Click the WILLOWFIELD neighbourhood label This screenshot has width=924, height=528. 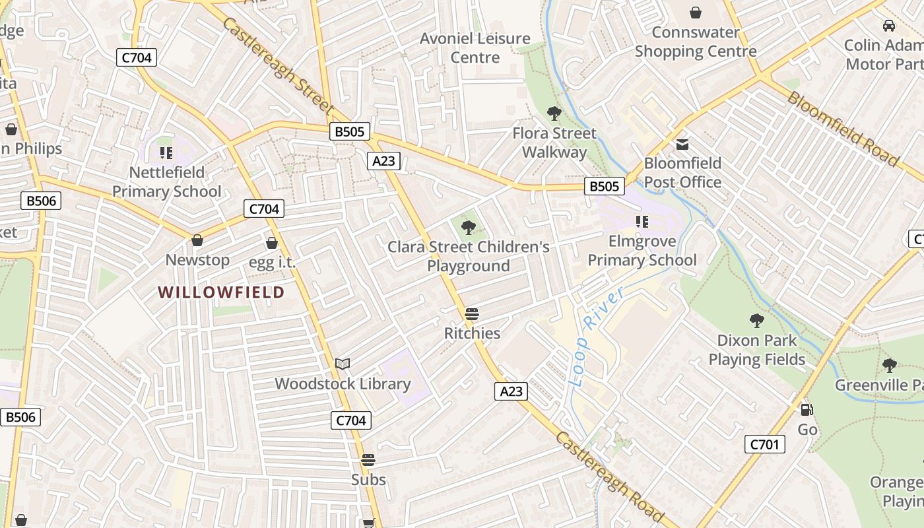221,292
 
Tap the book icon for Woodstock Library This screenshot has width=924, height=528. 343,364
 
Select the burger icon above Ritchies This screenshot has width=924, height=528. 471,313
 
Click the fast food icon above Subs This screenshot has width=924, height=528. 368,459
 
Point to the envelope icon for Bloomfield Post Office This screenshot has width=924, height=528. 682,144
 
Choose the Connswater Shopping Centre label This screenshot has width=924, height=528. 696,42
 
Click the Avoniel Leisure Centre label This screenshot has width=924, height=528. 475,48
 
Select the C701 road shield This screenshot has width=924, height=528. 764,444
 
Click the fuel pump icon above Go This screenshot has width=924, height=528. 807,410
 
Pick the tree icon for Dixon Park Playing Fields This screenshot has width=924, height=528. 756,321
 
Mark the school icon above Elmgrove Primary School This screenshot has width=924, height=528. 642,222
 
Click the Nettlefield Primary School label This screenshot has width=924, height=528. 166,181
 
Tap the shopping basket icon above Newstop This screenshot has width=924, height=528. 197,240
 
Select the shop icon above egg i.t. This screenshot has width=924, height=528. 271,243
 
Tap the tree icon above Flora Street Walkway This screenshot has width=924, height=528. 554,114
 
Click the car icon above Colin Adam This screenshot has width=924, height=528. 889,26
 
